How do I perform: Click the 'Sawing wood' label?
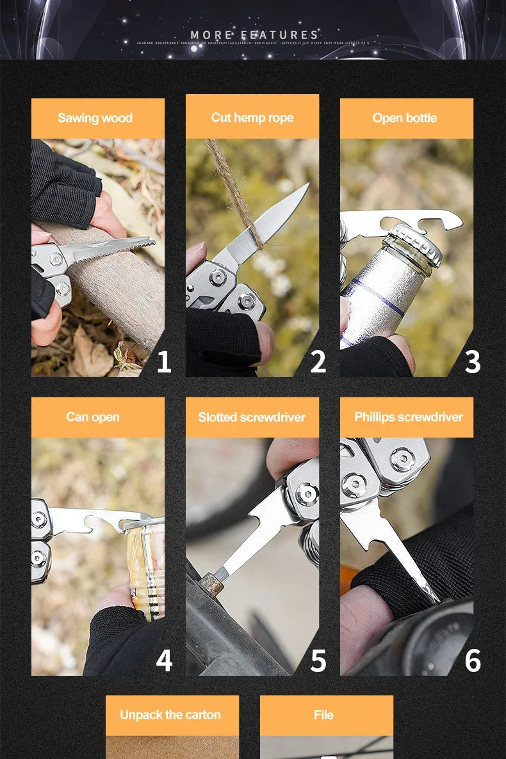[95, 118]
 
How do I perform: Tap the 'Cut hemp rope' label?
[252, 118]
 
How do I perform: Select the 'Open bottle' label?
[405, 118]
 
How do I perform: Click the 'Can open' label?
[93, 417]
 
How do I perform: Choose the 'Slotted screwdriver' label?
[252, 417]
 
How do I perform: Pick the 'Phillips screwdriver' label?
[408, 417]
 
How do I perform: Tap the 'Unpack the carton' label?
[170, 715]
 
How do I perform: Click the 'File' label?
[323, 715]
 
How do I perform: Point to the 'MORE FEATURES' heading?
[254, 35]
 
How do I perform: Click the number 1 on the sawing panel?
[164, 362]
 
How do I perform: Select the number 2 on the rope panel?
[318, 362]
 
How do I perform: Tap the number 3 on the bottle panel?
[472, 362]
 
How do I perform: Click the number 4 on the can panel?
[164, 660]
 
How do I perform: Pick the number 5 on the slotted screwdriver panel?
[318, 660]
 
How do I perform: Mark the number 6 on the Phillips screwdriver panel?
[472, 660]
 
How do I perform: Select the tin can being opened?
[146, 563]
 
